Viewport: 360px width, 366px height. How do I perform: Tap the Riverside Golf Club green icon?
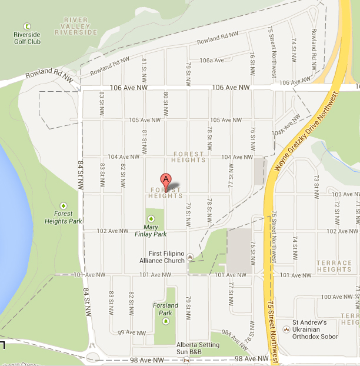(26, 26)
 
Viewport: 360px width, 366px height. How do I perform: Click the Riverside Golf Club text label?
(27, 38)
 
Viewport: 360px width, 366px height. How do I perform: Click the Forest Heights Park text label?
(63, 217)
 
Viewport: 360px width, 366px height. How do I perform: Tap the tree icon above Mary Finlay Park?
(151, 219)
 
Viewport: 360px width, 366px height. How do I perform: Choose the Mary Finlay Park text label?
(151, 230)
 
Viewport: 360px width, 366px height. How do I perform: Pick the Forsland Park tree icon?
(166, 321)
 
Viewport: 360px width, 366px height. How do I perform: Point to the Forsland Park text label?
(165, 309)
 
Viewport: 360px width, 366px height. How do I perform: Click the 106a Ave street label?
(212, 60)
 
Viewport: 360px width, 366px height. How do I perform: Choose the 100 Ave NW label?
(337, 297)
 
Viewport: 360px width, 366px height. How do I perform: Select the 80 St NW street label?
(166, 103)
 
